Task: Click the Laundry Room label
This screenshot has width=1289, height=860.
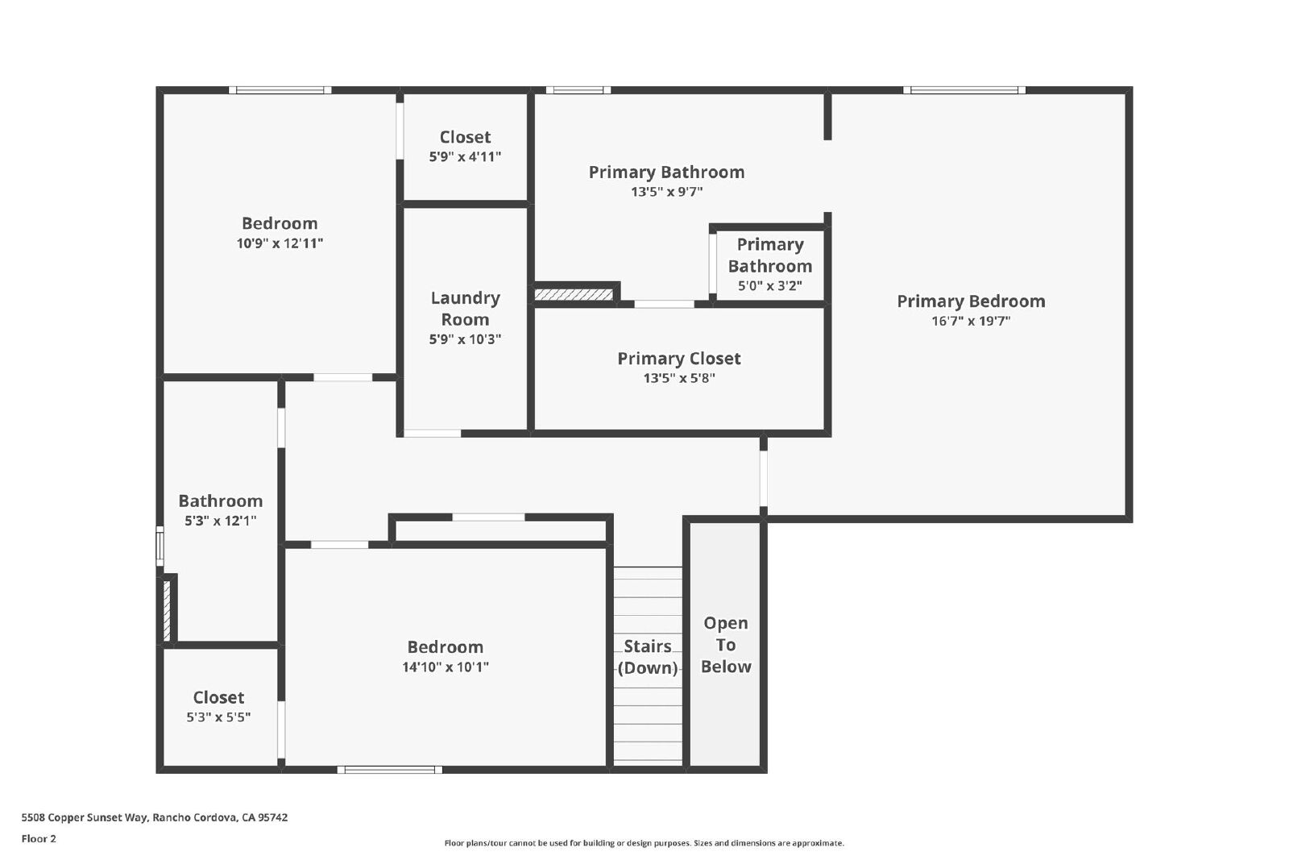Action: coord(465,309)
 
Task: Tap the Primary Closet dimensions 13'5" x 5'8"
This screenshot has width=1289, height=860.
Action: coord(679,378)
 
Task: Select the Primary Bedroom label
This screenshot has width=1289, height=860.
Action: coord(971,301)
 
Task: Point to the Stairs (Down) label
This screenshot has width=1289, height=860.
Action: coord(648,657)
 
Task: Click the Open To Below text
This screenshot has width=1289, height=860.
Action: coord(726,645)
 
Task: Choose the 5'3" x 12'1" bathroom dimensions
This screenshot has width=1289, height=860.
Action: coord(221,521)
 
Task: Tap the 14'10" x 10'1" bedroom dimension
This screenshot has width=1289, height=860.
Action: coord(446,667)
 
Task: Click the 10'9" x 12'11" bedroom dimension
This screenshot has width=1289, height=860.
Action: coord(280,243)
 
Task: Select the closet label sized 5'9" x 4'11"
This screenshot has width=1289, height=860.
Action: coord(465,137)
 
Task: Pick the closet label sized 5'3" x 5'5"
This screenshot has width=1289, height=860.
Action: coord(218,698)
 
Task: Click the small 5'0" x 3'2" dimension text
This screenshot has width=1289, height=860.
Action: coord(770,286)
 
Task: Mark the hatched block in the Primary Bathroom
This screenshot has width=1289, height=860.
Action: coord(573,295)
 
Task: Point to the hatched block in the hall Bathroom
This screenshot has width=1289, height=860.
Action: coord(167,611)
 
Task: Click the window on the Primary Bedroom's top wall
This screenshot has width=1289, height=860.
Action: coord(964,90)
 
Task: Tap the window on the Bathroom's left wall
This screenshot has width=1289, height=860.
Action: coord(160,546)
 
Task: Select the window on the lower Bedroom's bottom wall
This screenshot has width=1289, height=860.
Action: coord(390,771)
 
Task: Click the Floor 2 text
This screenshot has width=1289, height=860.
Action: coord(39,839)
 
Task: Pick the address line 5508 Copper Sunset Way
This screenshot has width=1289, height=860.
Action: coord(154,817)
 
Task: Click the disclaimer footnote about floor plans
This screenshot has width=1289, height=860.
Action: coord(644,843)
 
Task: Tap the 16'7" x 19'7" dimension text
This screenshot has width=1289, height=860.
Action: coord(971,322)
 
